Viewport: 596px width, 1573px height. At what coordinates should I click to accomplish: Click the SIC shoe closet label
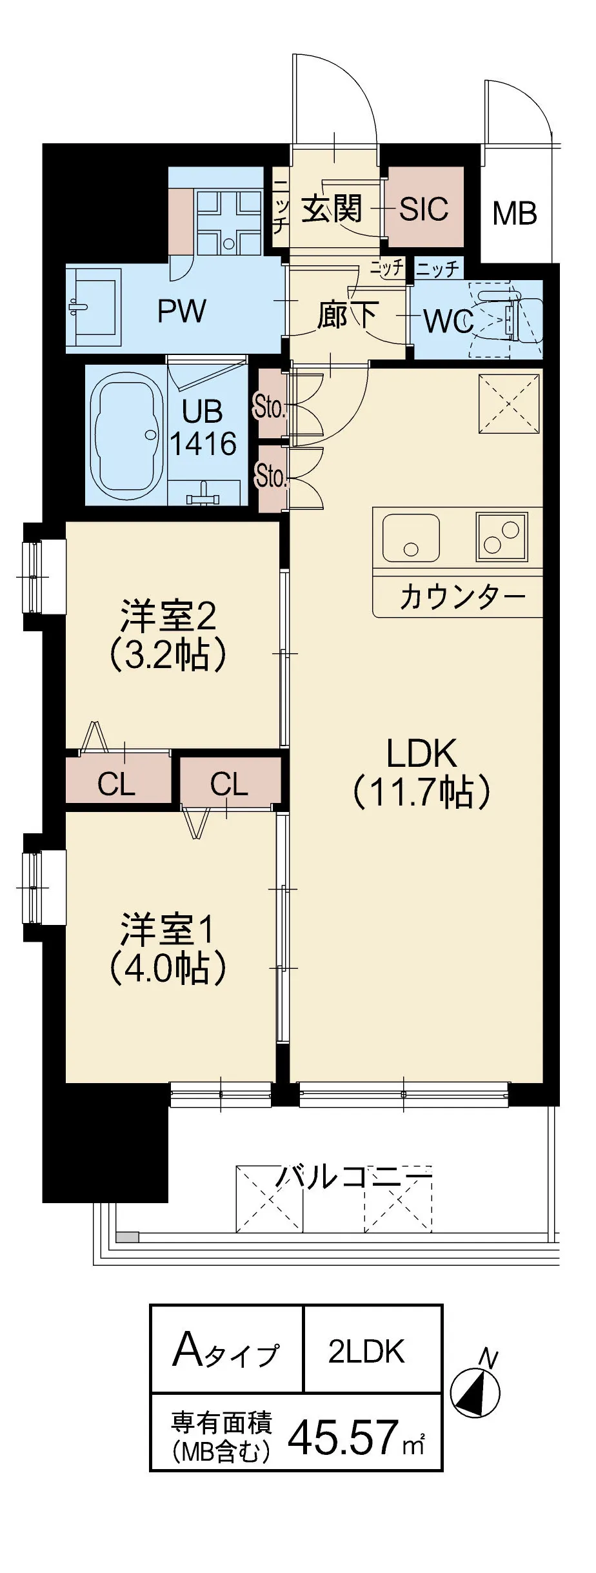pyautogui.click(x=423, y=208)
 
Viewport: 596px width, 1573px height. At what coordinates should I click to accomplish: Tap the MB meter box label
pyautogui.click(x=514, y=214)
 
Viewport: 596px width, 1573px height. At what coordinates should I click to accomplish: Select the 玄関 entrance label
pyautogui.click(x=332, y=208)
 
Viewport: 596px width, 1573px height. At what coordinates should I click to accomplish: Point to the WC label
pyautogui.click(x=448, y=321)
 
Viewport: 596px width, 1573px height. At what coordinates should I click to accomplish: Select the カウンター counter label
pyautogui.click(x=462, y=597)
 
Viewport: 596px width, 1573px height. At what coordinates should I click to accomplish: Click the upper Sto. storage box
pyautogui.click(x=270, y=408)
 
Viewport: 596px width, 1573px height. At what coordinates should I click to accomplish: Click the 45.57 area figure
pyautogui.click(x=343, y=1437)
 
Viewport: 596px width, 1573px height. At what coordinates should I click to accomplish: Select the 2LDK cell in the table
pyautogui.click(x=366, y=1351)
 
